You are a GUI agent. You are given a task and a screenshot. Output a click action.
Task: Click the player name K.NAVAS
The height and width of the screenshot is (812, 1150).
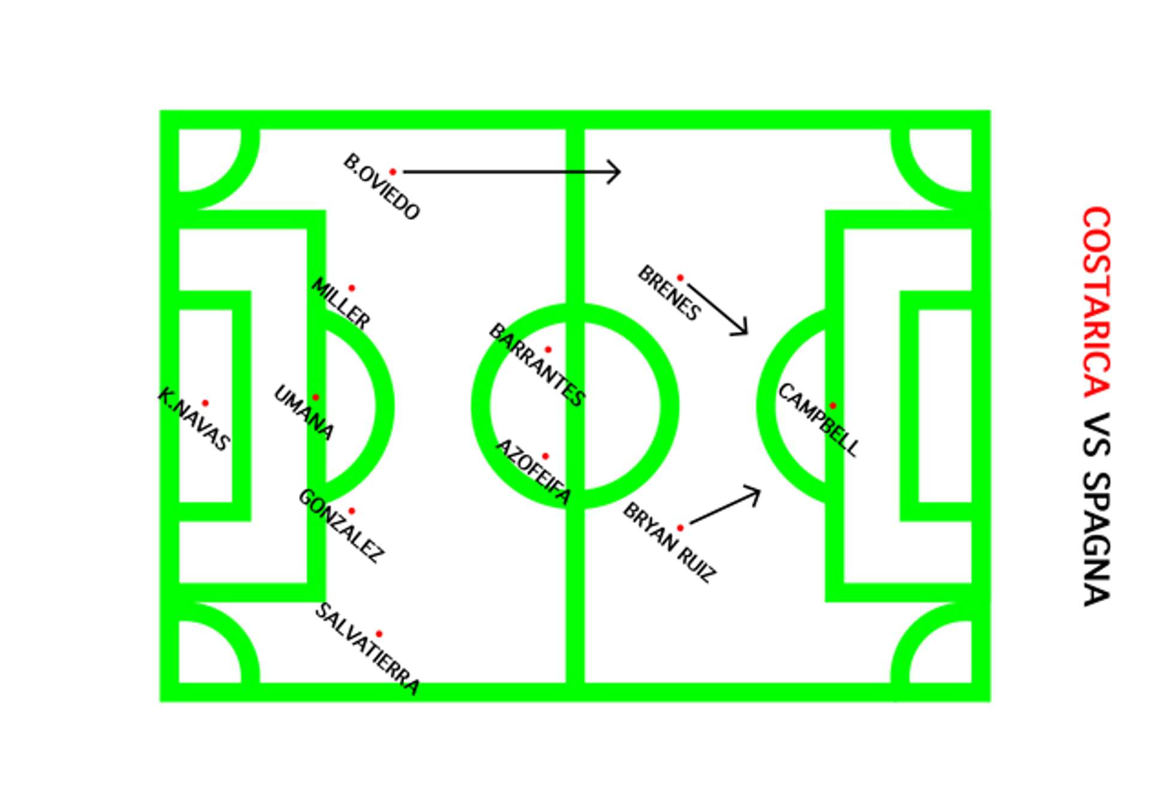(193, 419)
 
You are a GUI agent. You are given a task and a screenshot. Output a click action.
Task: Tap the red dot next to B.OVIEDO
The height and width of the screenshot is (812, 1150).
(393, 172)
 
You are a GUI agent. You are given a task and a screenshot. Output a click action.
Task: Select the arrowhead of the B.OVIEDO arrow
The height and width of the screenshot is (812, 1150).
(617, 172)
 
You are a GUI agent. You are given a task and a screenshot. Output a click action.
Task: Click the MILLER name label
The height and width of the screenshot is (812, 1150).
(341, 303)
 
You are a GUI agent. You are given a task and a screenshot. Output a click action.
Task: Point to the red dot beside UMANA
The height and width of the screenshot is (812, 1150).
(316, 397)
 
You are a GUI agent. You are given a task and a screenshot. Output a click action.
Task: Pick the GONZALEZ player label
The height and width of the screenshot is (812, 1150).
(341, 526)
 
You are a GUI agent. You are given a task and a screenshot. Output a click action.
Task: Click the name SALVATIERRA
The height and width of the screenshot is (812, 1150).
(367, 649)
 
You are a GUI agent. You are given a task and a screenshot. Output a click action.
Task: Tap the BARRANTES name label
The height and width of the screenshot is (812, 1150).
(537, 365)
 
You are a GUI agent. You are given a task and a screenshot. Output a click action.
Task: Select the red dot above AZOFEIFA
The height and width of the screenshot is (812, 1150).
(545, 456)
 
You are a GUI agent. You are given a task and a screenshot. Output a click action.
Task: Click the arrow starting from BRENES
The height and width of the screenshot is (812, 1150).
(718, 309)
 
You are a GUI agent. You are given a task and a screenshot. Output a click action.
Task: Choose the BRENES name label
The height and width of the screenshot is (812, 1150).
(669, 293)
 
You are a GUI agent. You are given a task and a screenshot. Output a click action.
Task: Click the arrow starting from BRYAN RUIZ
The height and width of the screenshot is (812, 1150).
(725, 507)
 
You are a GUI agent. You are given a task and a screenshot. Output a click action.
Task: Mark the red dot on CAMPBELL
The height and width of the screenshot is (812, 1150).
(833, 406)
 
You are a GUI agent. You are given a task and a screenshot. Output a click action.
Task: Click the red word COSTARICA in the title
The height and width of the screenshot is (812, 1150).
(1097, 302)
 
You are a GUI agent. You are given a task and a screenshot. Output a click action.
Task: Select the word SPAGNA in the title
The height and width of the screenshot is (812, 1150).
(1097, 539)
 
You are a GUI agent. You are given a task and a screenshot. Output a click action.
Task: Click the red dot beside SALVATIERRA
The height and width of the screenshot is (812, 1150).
(379, 634)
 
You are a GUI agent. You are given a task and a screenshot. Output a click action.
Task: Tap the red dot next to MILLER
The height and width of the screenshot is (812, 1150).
(352, 288)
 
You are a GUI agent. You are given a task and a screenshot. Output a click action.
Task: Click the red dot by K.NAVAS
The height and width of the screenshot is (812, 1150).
(205, 403)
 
